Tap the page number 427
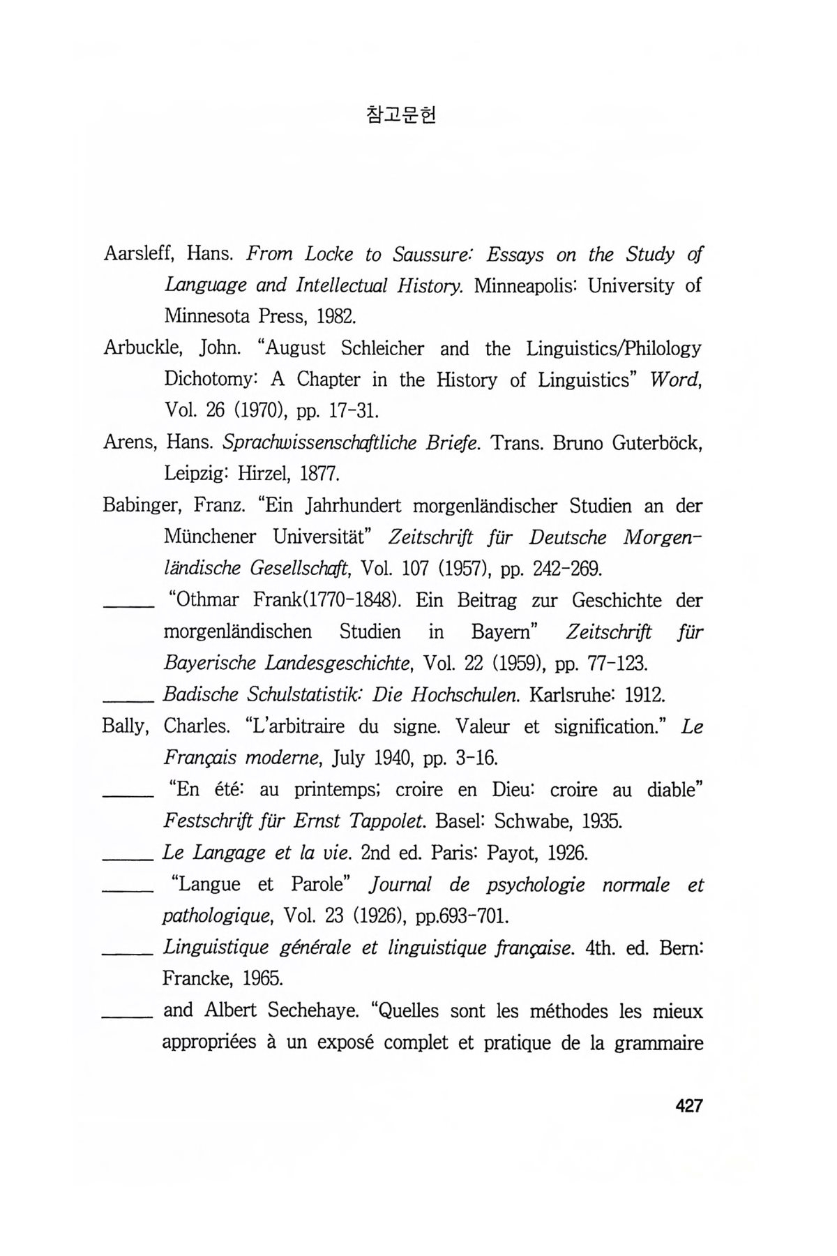click(688, 1105)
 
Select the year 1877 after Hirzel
click(319, 474)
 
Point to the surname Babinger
click(139, 505)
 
